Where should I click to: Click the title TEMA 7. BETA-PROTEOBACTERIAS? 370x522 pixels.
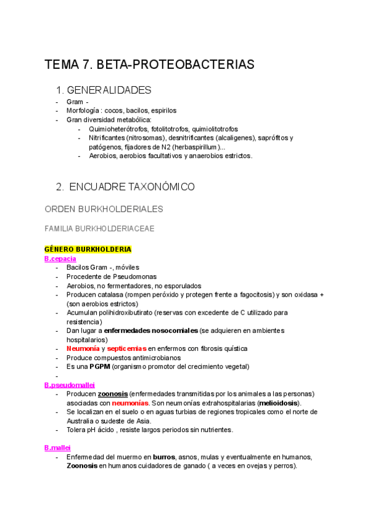click(149, 65)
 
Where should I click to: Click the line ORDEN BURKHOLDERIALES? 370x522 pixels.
click(104, 209)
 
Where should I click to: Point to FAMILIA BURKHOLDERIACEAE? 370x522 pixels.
click(99, 228)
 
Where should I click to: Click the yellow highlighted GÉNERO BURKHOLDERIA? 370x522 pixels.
click(88, 249)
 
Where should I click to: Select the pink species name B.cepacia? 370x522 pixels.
click(60, 259)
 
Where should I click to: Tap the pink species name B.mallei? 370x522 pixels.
click(57, 448)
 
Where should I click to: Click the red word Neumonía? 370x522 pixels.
click(83, 348)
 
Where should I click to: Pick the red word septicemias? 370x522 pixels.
click(126, 348)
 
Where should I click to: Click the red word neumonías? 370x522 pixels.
click(131, 403)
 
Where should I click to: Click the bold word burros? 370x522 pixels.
click(163, 457)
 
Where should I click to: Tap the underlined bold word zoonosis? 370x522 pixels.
click(113, 394)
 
